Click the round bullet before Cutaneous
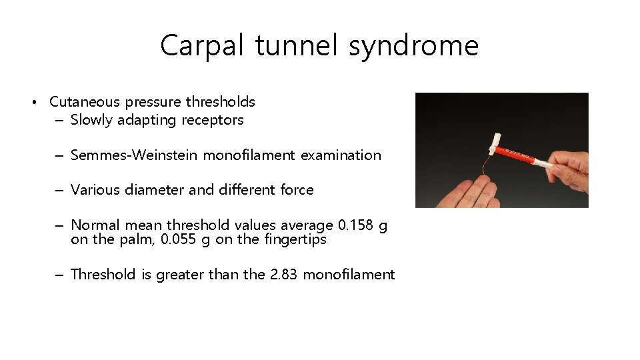coord(33,103)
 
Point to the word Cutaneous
coord(85,102)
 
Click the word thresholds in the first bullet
coord(220,102)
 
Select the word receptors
coord(213,121)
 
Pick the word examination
coord(341,155)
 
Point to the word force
coord(297,190)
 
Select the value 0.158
coord(353,225)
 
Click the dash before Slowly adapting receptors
coord(60,121)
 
